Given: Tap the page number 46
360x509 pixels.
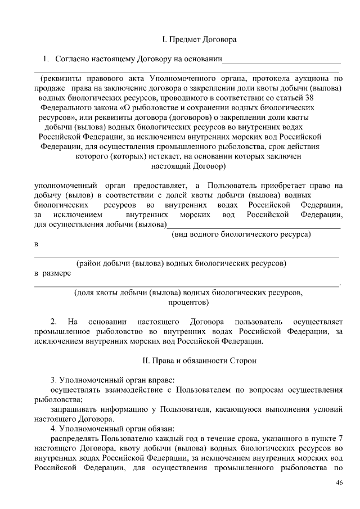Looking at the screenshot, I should coord(339,483).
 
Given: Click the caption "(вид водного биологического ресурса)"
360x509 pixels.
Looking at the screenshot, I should coord(241,234).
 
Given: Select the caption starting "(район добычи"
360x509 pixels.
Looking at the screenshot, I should coord(181,263).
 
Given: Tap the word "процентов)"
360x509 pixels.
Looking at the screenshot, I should coord(188,302).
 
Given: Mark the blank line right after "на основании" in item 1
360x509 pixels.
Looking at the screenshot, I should coord(282,60).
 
